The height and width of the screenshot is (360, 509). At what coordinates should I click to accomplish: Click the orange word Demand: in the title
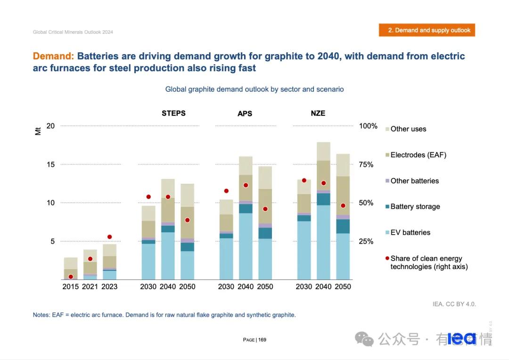click(53, 57)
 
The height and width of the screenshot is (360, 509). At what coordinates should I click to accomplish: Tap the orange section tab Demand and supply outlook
click(427, 30)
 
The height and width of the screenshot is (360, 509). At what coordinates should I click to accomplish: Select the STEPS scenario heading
click(173, 113)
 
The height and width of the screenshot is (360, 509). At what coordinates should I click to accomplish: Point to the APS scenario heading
click(245, 114)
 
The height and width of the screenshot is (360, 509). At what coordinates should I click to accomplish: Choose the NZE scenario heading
click(318, 113)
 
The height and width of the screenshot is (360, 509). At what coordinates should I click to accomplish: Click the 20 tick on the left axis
click(50, 126)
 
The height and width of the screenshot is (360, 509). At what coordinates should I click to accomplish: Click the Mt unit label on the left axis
click(38, 131)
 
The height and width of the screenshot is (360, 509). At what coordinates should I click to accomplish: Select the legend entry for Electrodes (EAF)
click(418, 155)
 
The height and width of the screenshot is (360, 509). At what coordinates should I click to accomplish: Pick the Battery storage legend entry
click(415, 206)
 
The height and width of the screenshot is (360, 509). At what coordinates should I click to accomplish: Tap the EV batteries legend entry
click(410, 232)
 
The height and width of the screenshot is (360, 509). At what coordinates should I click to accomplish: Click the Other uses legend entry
click(408, 129)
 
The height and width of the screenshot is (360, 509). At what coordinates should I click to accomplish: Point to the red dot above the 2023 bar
click(109, 237)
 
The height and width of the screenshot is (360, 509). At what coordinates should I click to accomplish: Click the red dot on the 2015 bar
click(71, 277)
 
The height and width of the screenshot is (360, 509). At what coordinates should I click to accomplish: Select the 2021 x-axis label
click(90, 286)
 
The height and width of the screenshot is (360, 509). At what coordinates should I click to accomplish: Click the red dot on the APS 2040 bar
click(246, 185)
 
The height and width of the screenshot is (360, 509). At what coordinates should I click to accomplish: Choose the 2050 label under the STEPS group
click(187, 286)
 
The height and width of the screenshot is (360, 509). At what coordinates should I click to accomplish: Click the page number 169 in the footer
click(262, 340)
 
